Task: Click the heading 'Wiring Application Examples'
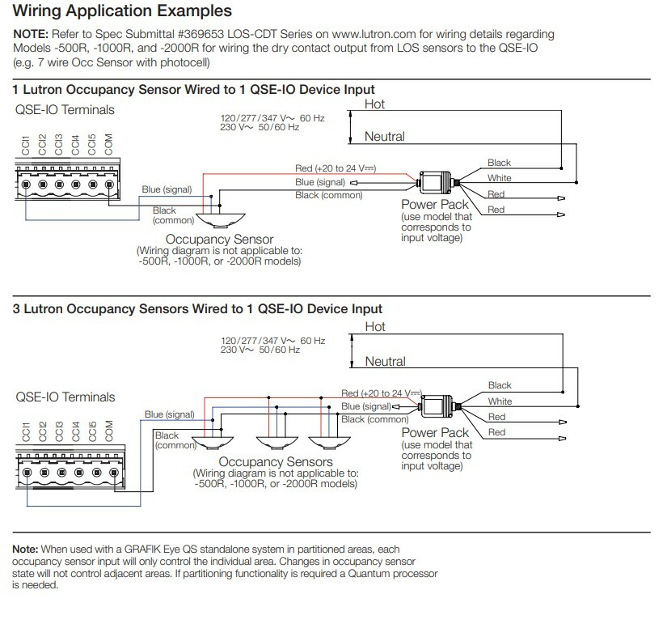[122, 11]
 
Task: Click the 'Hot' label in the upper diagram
[375, 105]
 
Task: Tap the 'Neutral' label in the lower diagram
[385, 361]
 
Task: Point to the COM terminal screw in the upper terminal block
[109, 183]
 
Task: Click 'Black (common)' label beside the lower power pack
[375, 419]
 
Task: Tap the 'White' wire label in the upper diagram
[499, 178]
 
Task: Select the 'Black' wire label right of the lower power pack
[500, 385]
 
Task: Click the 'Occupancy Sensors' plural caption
[275, 461]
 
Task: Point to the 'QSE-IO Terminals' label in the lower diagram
[65, 397]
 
